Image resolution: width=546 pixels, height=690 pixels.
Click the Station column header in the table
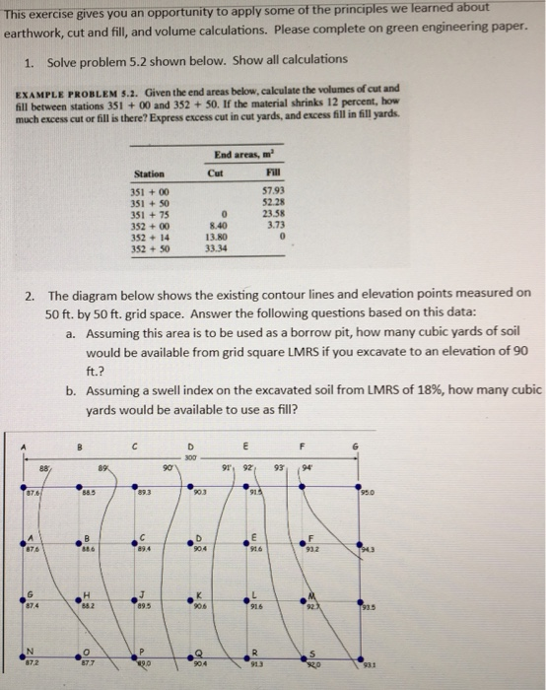[x=148, y=174]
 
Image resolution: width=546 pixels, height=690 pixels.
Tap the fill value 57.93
[x=274, y=187]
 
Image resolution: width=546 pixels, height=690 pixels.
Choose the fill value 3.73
[x=276, y=222]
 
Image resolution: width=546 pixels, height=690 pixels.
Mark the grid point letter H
[x=90, y=593]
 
